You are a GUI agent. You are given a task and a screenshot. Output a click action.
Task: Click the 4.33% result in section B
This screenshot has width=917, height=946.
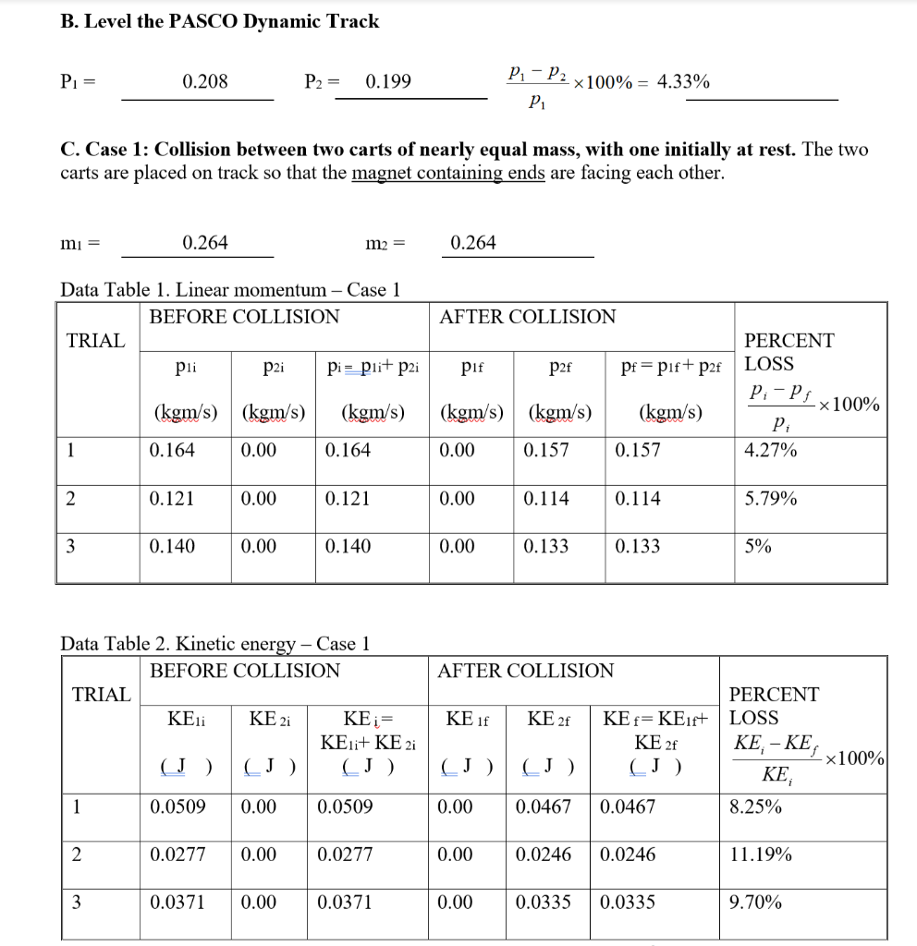tap(683, 82)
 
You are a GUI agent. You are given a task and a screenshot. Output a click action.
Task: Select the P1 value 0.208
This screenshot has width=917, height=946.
tap(205, 82)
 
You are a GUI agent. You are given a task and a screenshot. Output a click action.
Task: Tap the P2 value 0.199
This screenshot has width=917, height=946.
tap(389, 82)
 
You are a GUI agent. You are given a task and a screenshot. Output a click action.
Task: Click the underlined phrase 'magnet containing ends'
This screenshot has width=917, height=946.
tap(448, 174)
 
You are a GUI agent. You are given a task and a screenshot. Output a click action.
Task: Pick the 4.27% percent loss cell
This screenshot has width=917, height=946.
tap(771, 451)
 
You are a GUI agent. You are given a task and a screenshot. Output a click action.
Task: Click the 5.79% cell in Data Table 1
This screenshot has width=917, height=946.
tap(771, 499)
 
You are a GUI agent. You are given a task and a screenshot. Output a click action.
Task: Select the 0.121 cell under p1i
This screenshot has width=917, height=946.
tap(172, 499)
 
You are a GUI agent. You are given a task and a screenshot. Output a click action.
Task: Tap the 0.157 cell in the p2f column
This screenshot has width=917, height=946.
tap(545, 451)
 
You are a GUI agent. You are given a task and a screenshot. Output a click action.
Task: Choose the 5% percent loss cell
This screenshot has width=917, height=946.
tap(758, 547)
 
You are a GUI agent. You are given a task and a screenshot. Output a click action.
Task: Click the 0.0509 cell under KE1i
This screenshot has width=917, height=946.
tap(177, 807)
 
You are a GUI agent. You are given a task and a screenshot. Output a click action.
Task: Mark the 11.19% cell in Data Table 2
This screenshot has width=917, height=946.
tap(761, 855)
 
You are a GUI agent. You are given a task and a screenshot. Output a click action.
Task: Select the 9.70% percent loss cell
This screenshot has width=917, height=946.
tap(755, 903)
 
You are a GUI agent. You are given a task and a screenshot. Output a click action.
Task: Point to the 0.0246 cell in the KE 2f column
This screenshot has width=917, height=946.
tap(543, 855)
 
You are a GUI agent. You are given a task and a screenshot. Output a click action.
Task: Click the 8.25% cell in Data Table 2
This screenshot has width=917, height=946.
tap(755, 807)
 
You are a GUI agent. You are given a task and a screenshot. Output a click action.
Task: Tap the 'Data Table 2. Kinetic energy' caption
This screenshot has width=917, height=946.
tap(214, 643)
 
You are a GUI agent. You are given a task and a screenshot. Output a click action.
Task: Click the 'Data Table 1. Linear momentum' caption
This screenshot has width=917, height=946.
tap(229, 290)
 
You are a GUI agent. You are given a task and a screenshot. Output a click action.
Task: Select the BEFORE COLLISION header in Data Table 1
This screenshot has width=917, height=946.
tap(244, 317)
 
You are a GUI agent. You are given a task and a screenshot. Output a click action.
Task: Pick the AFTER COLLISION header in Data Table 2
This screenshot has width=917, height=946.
tap(525, 671)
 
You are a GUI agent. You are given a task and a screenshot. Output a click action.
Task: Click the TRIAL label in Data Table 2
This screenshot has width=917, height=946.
tap(102, 695)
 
